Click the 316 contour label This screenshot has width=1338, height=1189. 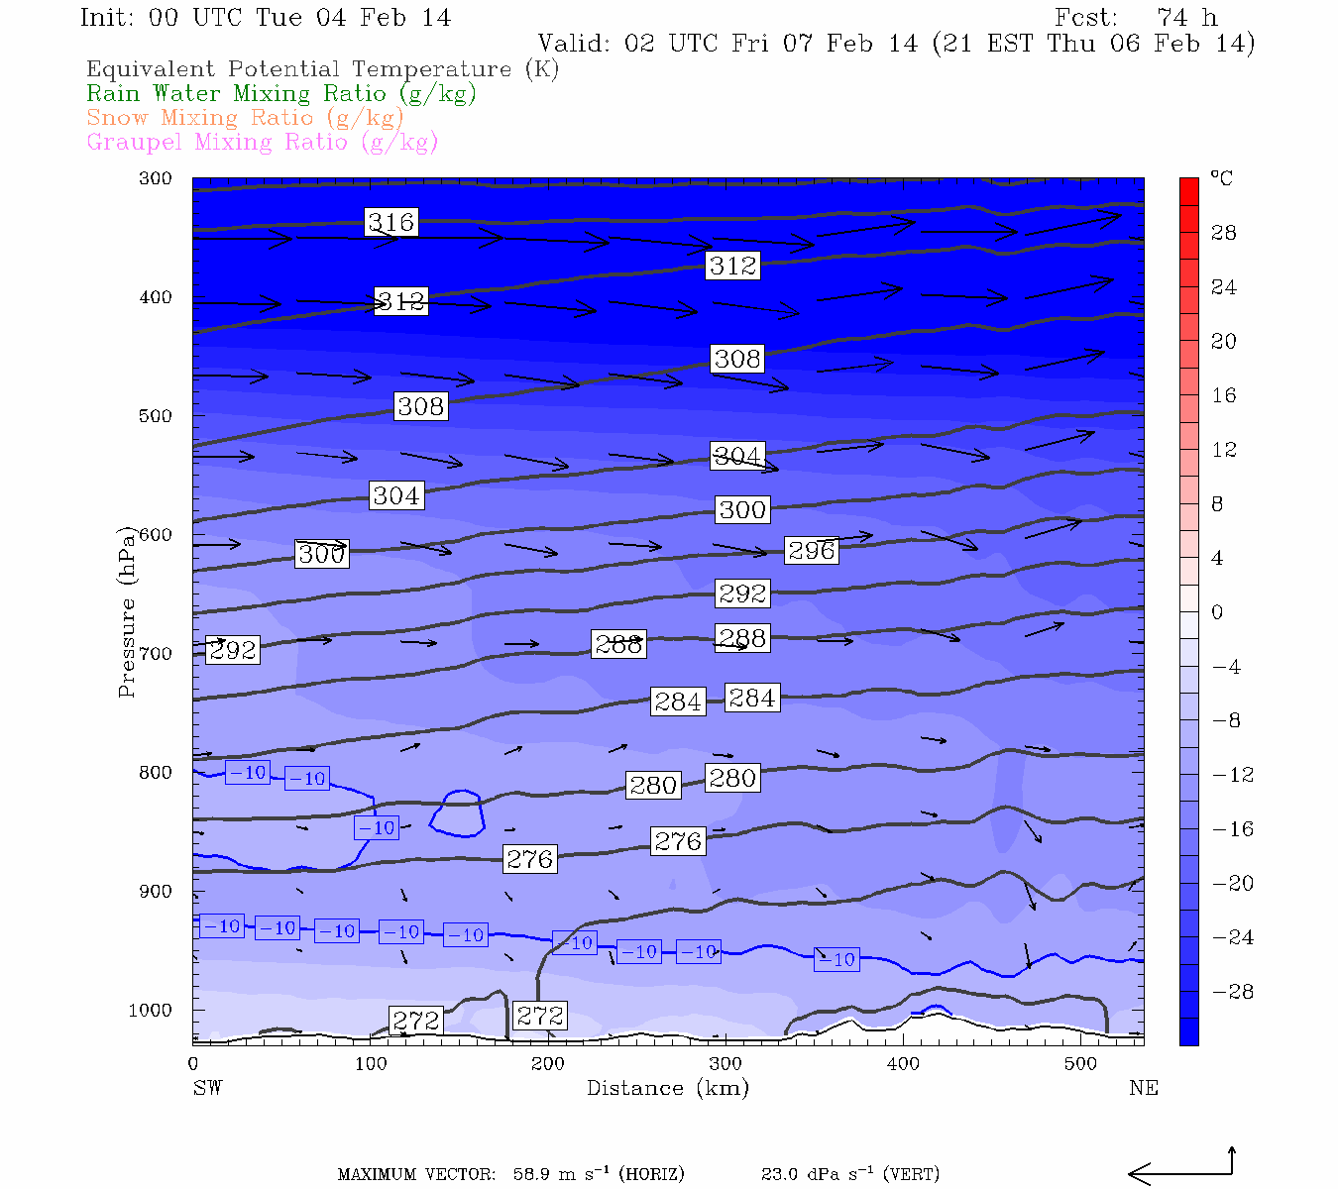[391, 222]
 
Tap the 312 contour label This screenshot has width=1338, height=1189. [732, 266]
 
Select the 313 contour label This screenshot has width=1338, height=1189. [401, 301]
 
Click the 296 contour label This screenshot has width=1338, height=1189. [811, 550]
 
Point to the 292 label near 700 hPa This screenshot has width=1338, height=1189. [233, 650]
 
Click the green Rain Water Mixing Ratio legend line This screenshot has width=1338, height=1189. [281, 94]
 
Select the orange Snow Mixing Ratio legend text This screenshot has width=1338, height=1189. [245, 118]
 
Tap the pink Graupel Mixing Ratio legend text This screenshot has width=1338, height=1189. [262, 143]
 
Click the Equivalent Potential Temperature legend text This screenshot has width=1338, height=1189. [322, 69]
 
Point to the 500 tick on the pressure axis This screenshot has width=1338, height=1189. [156, 416]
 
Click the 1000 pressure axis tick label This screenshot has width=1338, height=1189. [151, 1011]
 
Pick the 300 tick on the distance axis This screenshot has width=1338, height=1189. [725, 1064]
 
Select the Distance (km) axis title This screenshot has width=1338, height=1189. [667, 1088]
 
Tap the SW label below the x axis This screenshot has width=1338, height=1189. [207, 1088]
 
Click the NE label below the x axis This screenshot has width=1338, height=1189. [1143, 1088]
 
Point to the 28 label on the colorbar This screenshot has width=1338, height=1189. [1224, 233]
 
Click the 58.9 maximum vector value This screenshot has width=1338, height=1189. [533, 1175]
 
